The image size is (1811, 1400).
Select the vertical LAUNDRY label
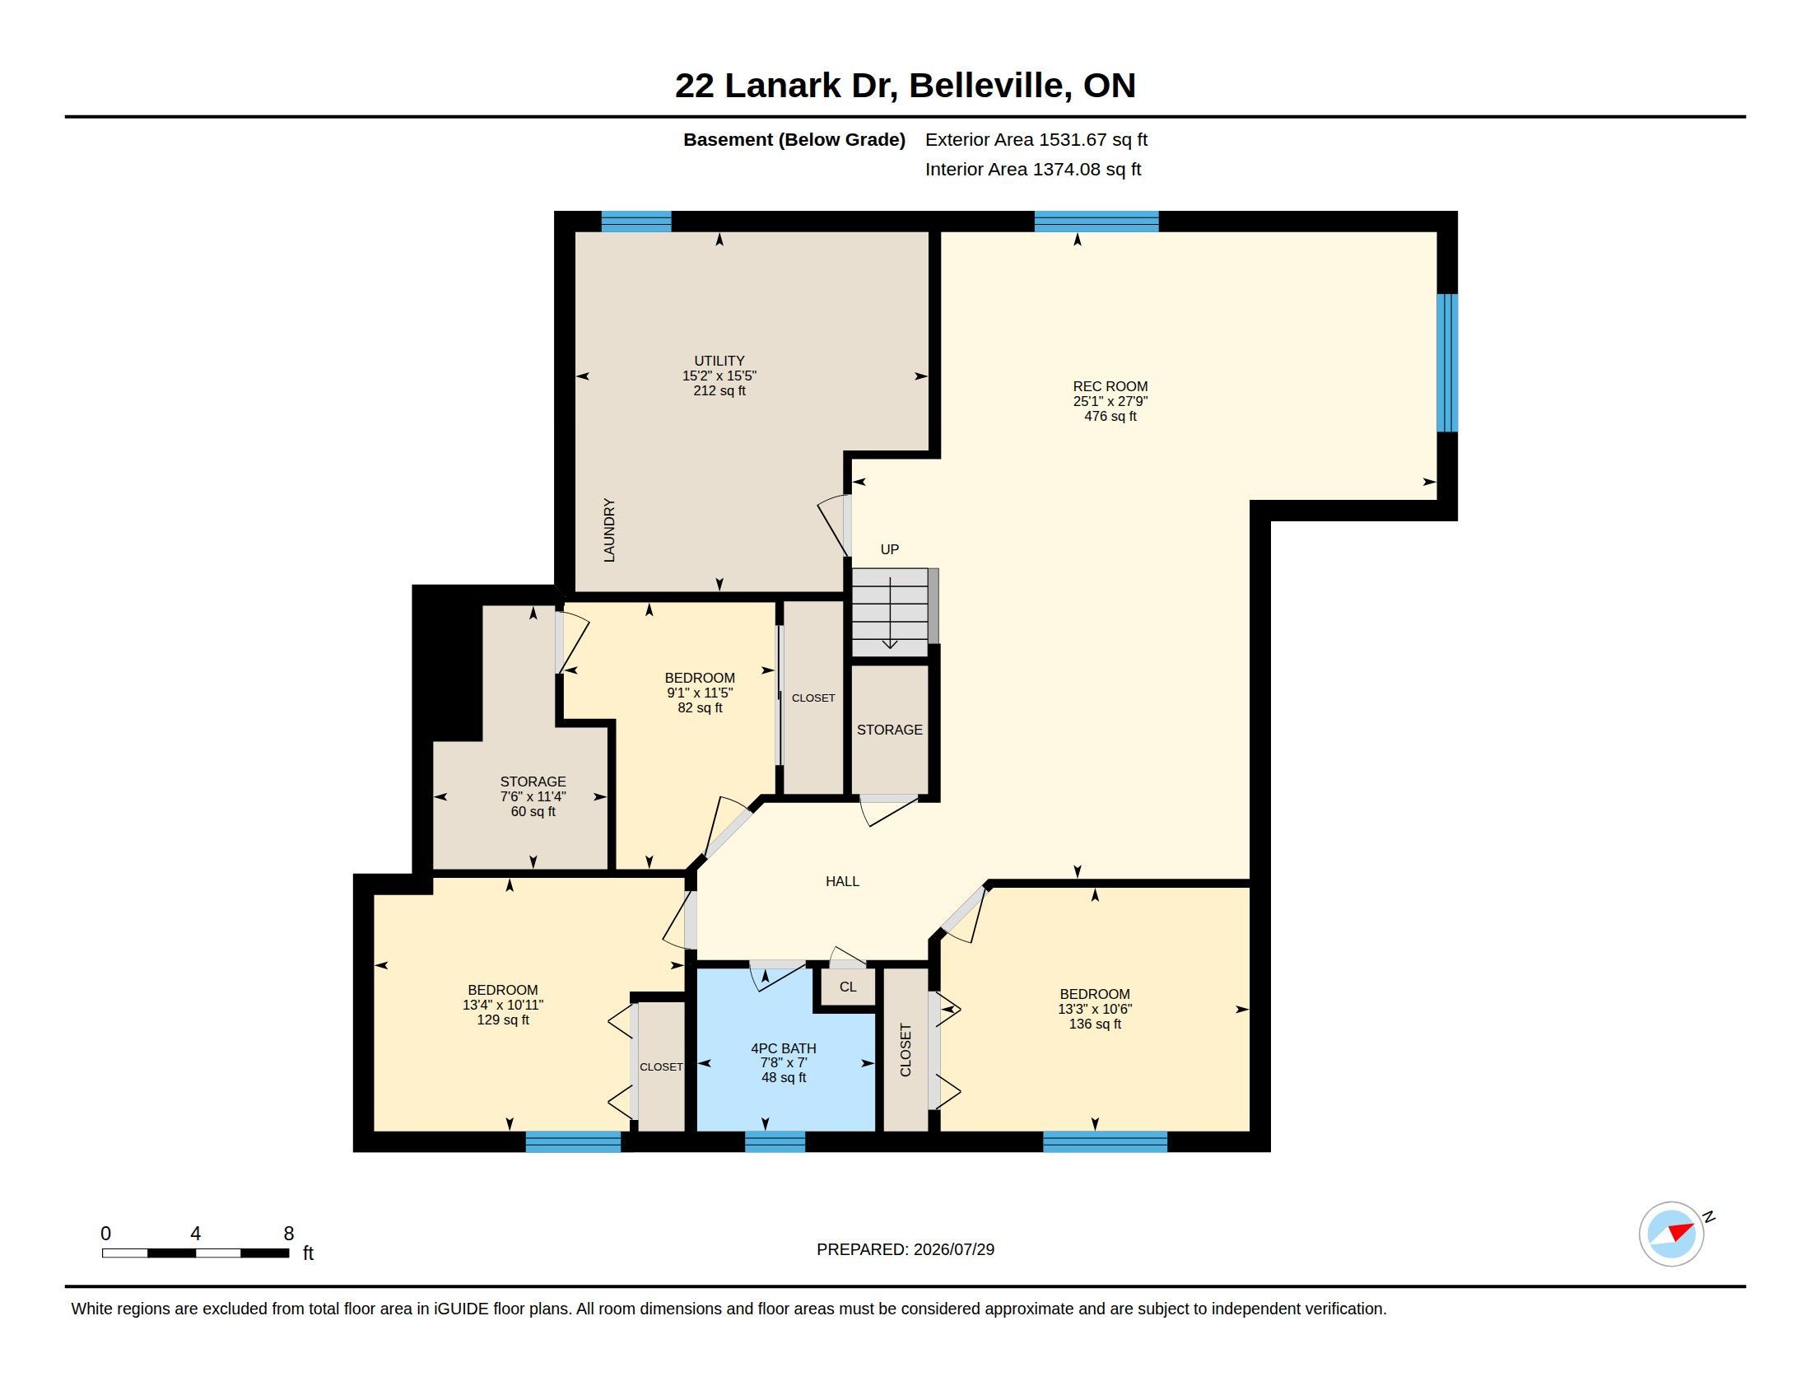(x=609, y=531)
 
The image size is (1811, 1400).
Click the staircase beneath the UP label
(x=891, y=613)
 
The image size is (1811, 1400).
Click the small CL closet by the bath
(x=847, y=987)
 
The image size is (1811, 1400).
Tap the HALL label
(x=842, y=882)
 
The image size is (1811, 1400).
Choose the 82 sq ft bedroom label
(x=700, y=693)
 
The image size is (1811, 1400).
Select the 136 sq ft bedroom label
(x=1095, y=1009)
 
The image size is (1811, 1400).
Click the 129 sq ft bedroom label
(x=502, y=1005)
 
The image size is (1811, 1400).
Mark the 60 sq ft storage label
(x=533, y=796)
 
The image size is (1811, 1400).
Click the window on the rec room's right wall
(x=1447, y=363)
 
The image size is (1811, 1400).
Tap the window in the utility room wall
(x=636, y=222)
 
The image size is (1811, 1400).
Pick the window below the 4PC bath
(x=775, y=1142)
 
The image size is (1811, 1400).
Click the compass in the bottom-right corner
(x=1672, y=1234)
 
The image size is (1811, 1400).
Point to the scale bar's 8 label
(x=289, y=1234)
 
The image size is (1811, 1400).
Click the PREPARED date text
(x=906, y=1249)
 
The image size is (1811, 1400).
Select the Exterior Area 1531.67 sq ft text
(x=1036, y=139)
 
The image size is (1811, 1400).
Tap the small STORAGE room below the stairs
(x=890, y=730)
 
